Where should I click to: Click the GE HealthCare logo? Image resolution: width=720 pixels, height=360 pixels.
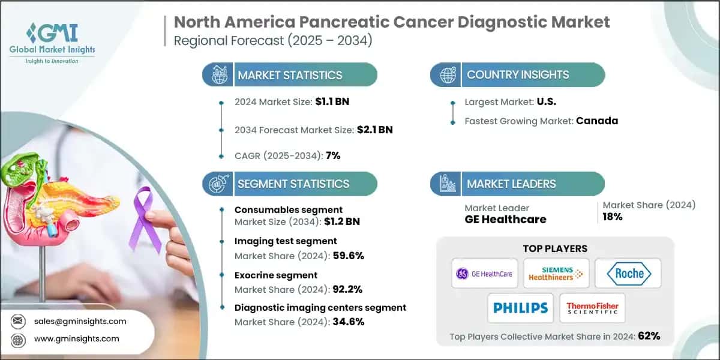pyautogui.click(x=484, y=274)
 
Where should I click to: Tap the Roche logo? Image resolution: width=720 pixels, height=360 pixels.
pyautogui.click(x=628, y=274)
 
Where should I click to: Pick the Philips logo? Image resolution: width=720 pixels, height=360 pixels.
pyautogui.click(x=520, y=308)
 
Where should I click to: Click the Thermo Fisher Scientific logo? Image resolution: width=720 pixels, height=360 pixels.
pyautogui.click(x=592, y=308)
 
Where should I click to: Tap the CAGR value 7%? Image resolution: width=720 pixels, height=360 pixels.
pyautogui.click(x=332, y=155)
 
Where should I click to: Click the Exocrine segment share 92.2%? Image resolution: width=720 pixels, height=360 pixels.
pyautogui.click(x=347, y=289)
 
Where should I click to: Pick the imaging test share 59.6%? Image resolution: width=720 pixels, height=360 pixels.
pyautogui.click(x=347, y=256)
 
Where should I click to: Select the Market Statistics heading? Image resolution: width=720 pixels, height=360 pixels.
pyautogui.click(x=290, y=75)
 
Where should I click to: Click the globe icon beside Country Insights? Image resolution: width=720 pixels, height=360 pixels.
pyautogui.click(x=447, y=75)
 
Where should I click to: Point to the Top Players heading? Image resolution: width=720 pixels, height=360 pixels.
pyautogui.click(x=555, y=248)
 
